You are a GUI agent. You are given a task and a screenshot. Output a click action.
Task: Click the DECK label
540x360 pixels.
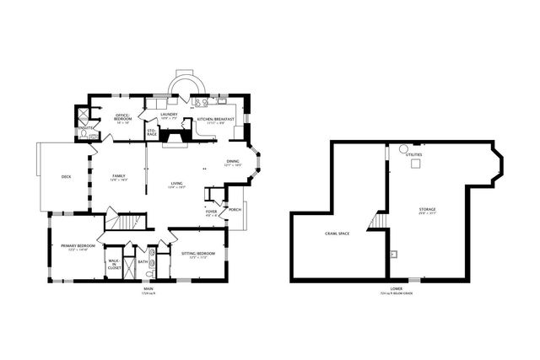tap(66, 176)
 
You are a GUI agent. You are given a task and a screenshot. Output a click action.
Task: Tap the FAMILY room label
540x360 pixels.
tap(119, 175)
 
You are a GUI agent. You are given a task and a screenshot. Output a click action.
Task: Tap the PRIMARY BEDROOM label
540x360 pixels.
tap(74, 246)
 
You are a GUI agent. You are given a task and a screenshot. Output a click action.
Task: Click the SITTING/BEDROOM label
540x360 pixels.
tap(197, 254)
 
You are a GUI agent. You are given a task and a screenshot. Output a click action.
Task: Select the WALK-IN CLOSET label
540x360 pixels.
tap(114, 263)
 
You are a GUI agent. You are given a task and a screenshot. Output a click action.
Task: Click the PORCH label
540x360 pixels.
tap(235, 210)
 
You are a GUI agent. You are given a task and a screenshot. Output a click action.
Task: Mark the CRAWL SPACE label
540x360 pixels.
tap(337, 234)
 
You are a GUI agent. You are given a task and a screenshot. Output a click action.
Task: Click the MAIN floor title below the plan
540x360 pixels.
tap(148, 289)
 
